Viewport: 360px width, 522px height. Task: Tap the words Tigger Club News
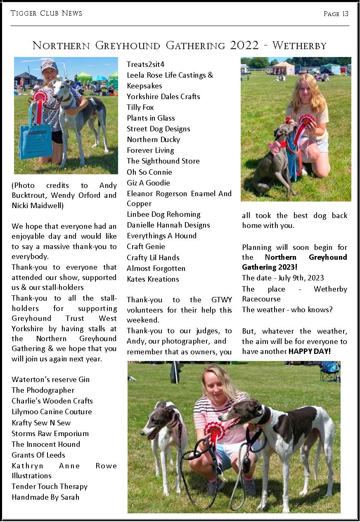46,13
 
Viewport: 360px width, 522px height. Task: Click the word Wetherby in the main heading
299,45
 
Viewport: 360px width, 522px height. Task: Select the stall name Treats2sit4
145,64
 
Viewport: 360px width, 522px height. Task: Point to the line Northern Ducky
153,140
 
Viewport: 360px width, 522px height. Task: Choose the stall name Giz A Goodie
148,183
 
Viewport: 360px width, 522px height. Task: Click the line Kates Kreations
153,279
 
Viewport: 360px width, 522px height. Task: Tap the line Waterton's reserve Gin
50,380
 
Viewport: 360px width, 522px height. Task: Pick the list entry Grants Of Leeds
38,455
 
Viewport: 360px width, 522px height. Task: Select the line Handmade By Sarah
45,497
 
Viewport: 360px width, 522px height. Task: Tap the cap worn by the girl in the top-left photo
49,65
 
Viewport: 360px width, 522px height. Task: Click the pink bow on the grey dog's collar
274,147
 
